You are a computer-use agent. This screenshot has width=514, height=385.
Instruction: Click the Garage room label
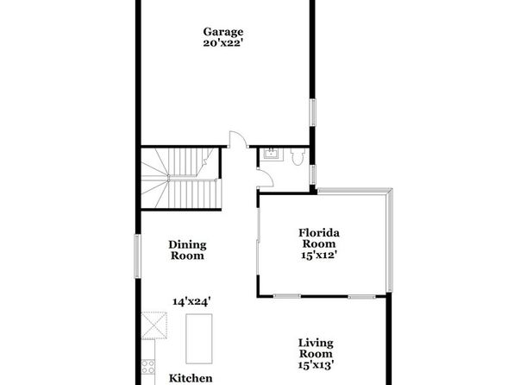point(223,32)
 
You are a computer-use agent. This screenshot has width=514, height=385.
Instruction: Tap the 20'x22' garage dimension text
point(223,43)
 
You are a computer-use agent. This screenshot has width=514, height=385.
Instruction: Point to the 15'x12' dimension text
point(319,255)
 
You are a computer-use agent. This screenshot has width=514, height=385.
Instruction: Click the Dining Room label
point(187,250)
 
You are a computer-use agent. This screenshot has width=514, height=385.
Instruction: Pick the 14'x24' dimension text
point(191,301)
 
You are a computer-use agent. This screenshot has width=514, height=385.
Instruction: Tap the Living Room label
point(316,348)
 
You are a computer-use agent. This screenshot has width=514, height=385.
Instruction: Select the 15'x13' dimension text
point(316,364)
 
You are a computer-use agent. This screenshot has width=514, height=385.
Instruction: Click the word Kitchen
point(191,378)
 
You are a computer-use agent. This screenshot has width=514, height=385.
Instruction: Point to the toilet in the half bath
point(298,157)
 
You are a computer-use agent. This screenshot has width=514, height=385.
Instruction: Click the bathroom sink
point(271,154)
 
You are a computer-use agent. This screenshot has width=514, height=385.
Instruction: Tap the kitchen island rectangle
point(199,338)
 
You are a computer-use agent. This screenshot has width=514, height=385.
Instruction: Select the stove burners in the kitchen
point(148,366)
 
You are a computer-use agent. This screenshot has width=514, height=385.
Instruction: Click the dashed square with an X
point(154,325)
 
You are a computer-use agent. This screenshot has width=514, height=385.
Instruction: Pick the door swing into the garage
point(238,139)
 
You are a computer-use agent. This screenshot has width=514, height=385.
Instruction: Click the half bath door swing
point(266,179)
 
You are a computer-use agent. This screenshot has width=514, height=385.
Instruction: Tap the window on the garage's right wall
point(313,112)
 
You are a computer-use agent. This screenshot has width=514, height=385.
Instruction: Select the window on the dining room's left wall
point(138,256)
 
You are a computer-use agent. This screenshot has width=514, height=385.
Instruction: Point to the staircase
point(181,178)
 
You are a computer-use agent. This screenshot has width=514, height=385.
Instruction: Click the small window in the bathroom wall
point(313,174)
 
